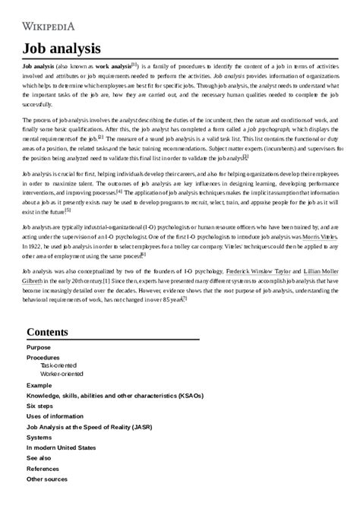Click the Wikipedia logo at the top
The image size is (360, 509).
click(49, 24)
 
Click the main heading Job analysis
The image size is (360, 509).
click(62, 49)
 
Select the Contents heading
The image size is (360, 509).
click(52, 332)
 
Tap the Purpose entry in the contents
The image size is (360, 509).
click(39, 347)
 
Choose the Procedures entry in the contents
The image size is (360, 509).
click(43, 357)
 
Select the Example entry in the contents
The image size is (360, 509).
click(39, 385)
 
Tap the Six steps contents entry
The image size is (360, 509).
click(41, 406)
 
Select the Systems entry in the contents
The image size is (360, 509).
click(39, 438)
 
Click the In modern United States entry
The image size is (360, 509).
click(61, 448)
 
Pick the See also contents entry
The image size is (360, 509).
click(39, 459)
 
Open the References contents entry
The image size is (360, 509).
click(43, 469)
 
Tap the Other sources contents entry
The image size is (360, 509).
click(47, 479)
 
